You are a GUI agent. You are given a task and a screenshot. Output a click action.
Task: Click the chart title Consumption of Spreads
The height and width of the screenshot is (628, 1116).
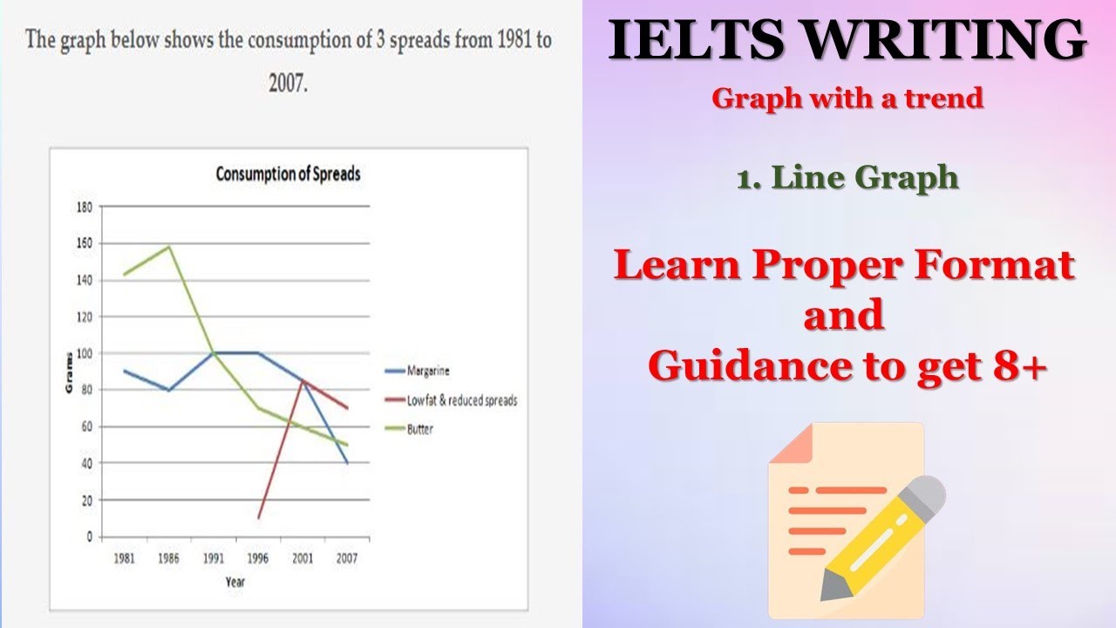tap(288, 174)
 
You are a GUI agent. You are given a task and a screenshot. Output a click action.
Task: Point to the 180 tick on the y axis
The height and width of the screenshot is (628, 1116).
tap(85, 208)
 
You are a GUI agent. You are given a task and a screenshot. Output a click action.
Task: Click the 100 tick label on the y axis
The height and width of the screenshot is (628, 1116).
tap(85, 354)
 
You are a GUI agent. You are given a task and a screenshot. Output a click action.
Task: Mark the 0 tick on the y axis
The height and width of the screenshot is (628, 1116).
tap(89, 537)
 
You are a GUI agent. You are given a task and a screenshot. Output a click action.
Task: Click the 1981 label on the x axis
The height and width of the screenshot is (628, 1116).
tap(124, 557)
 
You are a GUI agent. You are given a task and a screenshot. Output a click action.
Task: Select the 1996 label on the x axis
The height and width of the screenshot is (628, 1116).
tap(258, 557)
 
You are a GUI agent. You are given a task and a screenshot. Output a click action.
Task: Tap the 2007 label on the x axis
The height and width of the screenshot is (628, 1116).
tap(347, 557)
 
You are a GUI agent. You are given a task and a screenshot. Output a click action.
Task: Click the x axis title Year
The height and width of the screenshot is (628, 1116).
tap(235, 581)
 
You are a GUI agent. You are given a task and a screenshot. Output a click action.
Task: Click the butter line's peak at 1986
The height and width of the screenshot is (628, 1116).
tap(168, 246)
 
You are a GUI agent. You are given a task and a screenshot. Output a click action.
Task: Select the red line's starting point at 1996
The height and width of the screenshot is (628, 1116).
tap(258, 518)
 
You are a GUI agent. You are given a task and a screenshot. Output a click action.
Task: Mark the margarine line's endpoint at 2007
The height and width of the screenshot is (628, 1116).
tap(347, 463)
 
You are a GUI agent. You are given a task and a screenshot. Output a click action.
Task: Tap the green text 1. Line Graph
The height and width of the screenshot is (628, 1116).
tap(847, 178)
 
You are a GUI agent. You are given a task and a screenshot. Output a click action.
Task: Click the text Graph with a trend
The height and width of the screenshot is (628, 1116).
tap(847, 99)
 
